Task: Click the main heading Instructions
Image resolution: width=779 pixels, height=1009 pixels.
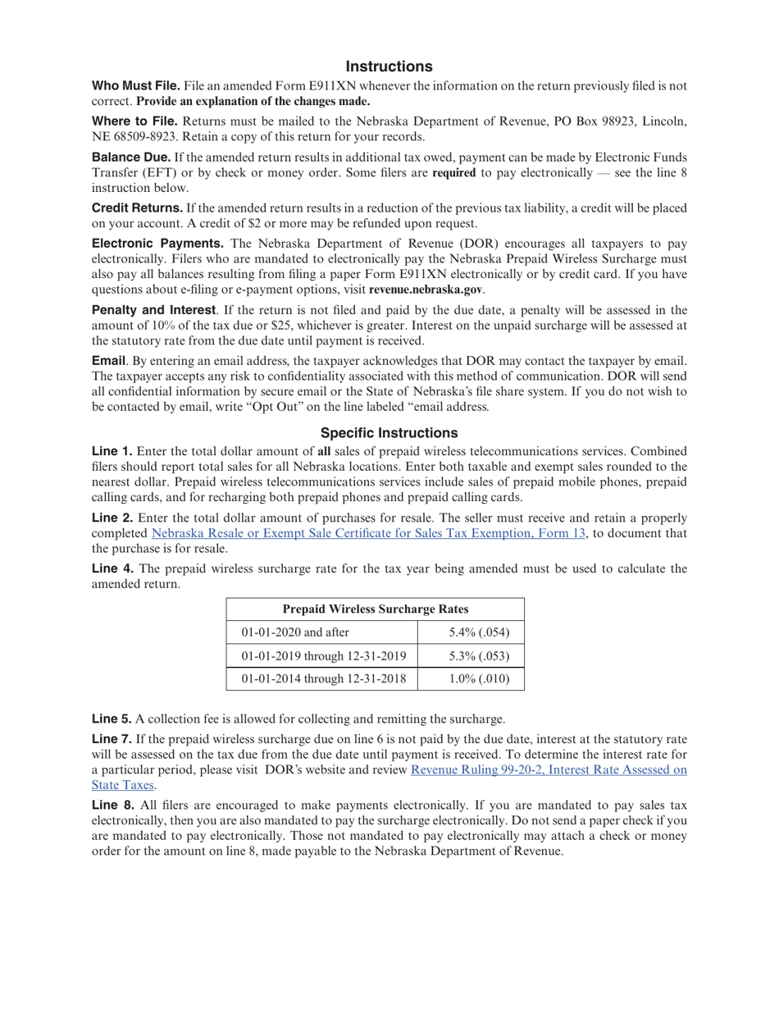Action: (x=389, y=66)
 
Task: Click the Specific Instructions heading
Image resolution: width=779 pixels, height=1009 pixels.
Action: (x=389, y=432)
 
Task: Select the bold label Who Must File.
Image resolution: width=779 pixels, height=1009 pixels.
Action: (x=135, y=86)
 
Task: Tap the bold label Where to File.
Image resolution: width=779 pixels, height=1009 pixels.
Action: (x=134, y=121)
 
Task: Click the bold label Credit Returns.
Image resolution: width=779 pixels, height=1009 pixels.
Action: (x=137, y=208)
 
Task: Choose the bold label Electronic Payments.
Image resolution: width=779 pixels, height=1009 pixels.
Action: (x=157, y=244)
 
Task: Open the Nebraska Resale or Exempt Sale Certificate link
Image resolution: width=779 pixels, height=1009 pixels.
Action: (x=369, y=533)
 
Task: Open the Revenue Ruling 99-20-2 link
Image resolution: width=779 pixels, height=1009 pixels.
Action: (x=548, y=769)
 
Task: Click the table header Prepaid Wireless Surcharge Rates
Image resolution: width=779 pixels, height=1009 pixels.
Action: (x=375, y=609)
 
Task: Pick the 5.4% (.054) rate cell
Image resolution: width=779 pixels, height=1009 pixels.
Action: (x=480, y=632)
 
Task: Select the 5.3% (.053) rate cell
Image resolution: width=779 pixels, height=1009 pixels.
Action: (x=480, y=656)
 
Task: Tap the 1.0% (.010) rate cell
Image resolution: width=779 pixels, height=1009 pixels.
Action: (x=480, y=679)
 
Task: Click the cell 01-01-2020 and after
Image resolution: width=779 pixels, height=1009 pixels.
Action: (x=296, y=632)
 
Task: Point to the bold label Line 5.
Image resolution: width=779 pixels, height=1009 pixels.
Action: (x=112, y=719)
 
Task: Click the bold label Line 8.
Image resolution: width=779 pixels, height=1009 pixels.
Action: (x=112, y=806)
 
